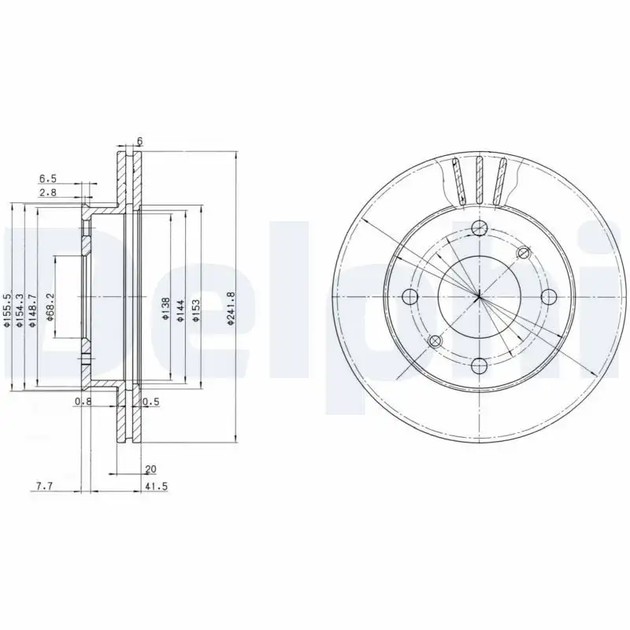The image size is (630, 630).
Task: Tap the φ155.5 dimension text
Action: click(x=6, y=309)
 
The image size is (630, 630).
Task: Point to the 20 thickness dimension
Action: click(x=150, y=469)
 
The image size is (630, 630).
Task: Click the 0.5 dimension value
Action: click(x=151, y=402)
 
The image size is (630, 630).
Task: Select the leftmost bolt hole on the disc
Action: click(x=409, y=296)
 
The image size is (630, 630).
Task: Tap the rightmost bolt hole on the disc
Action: click(x=548, y=296)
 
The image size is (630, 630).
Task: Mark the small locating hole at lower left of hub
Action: click(x=434, y=340)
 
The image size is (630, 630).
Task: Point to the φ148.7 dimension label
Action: click(x=33, y=309)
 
